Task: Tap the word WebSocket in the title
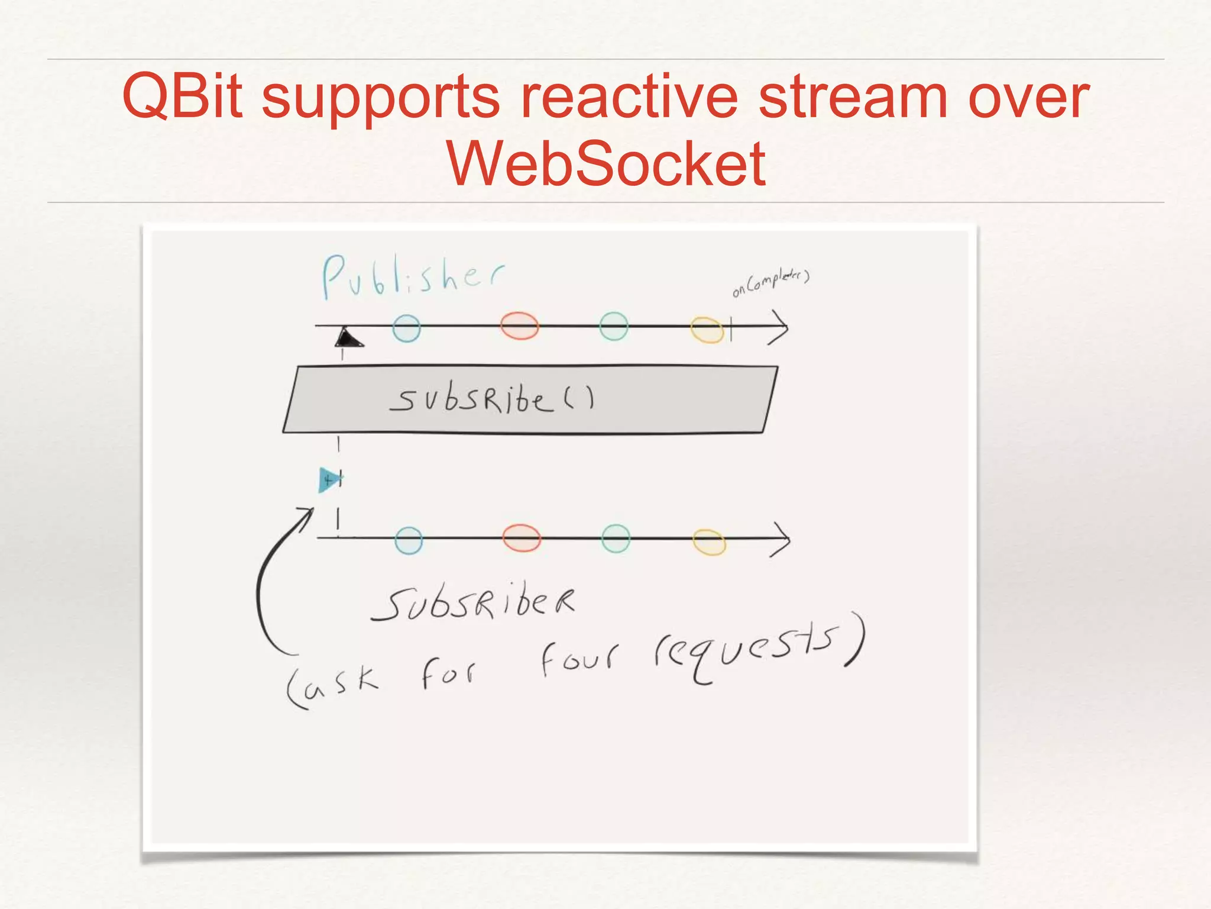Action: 605,163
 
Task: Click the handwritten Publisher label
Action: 412,276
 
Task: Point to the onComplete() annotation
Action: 770,282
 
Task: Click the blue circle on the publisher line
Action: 406,328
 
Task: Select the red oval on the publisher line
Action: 519,325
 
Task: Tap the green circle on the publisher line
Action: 613,326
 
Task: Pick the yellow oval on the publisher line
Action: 707,330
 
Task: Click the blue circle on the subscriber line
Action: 409,540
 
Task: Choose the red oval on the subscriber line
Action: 521,538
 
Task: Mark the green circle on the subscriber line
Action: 616,539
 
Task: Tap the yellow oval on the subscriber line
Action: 709,542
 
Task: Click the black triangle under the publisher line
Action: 347,339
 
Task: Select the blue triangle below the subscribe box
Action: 328,479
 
